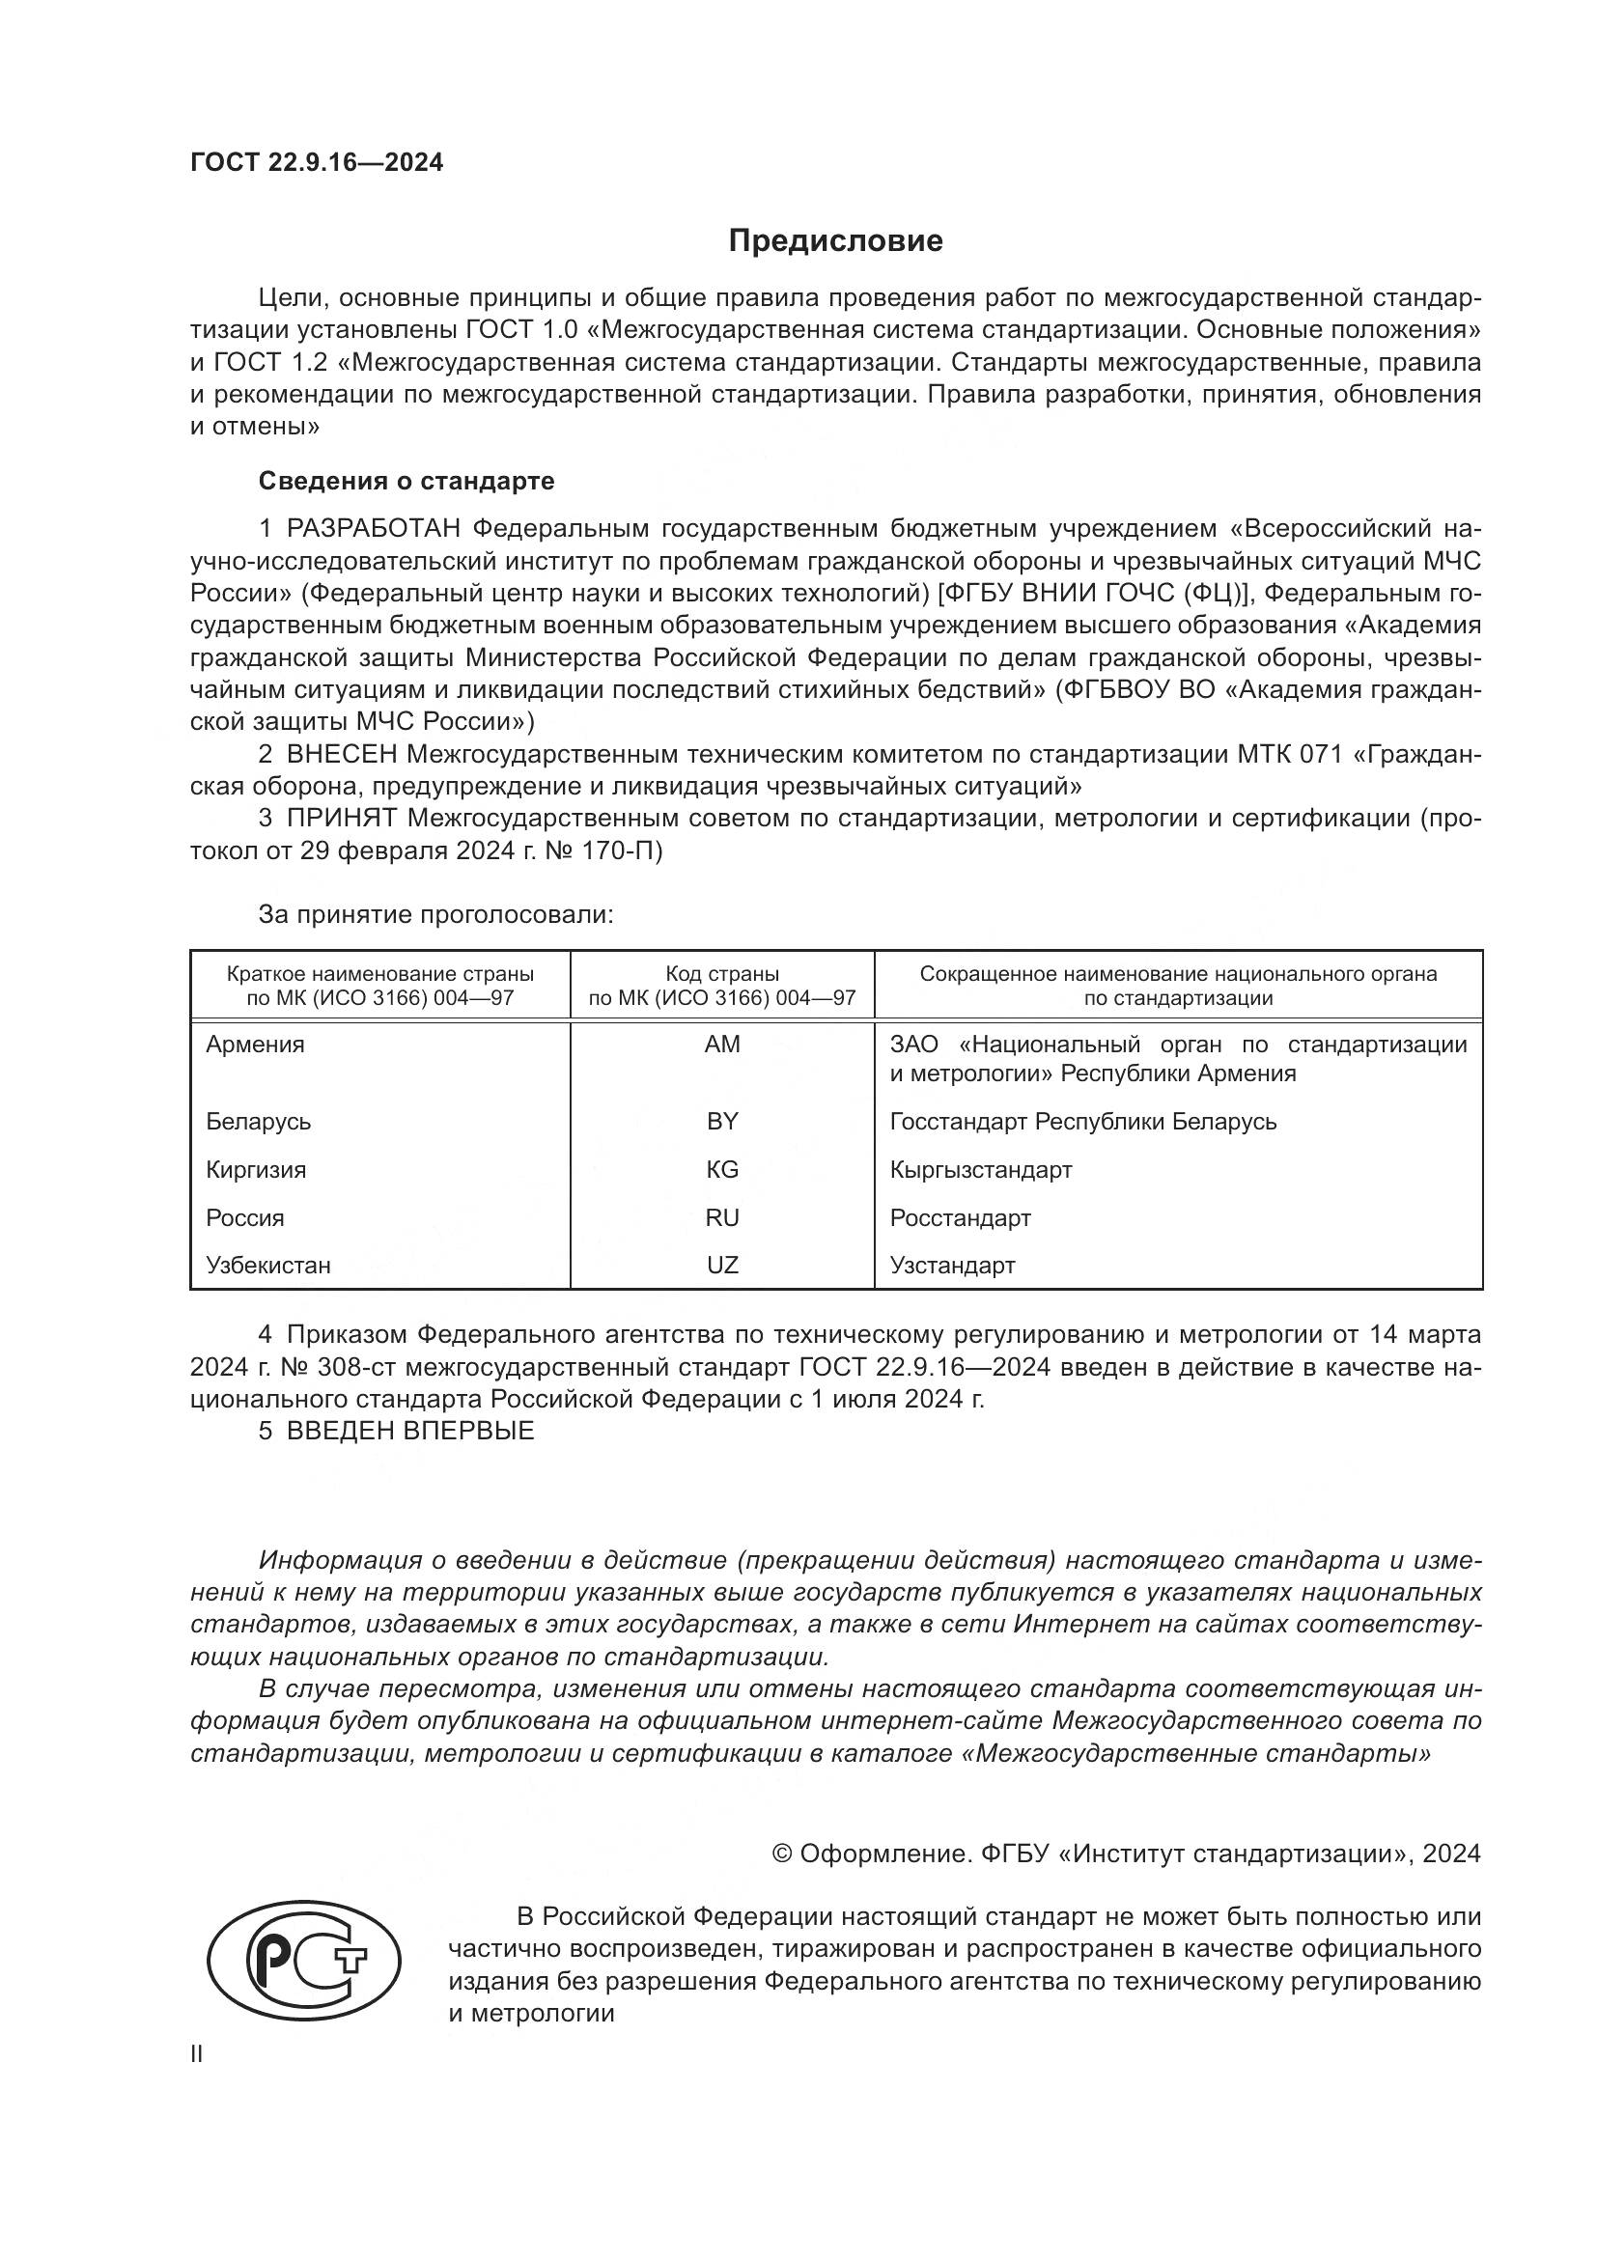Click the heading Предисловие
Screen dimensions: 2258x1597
point(835,241)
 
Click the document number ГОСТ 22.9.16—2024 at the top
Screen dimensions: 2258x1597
point(317,162)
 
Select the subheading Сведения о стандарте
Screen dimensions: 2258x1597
point(406,481)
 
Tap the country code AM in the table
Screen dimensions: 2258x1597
point(722,1045)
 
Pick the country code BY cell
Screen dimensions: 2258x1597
point(722,1121)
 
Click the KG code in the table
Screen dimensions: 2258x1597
point(722,1169)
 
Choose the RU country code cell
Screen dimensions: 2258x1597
point(722,1217)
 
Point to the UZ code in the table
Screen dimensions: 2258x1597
point(722,1266)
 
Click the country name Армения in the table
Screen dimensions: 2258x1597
point(256,1045)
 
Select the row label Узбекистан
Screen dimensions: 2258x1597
point(268,1266)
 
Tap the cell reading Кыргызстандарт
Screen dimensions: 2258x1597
point(980,1169)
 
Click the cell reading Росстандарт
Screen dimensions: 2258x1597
point(960,1217)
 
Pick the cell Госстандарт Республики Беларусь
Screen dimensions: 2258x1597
point(1082,1121)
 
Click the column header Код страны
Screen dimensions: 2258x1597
point(722,974)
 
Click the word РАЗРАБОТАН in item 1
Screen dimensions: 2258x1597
point(373,529)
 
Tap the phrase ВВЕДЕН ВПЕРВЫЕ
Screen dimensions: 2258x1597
point(410,1431)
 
